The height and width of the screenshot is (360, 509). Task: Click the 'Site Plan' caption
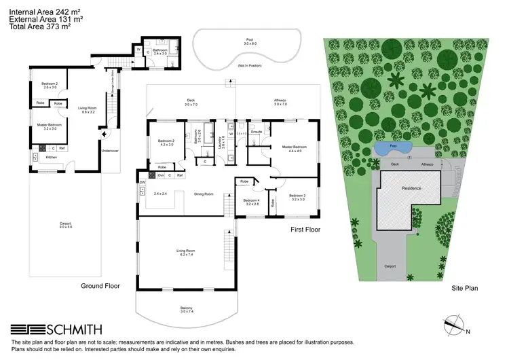[465, 288]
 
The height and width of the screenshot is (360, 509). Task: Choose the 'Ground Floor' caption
[100, 286]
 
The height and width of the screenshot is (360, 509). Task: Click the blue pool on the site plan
[393, 147]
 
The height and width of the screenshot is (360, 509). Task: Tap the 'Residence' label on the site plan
[411, 188]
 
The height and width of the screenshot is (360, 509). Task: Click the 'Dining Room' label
[204, 194]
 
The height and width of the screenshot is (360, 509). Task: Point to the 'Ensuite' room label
[257, 131]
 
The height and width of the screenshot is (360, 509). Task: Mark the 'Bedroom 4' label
[252, 202]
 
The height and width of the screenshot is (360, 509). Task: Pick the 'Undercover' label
[109, 151]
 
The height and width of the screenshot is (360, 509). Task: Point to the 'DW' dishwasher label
[143, 183]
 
